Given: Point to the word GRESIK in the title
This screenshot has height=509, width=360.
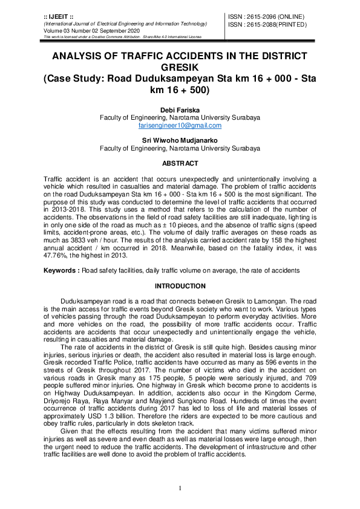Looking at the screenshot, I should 180,67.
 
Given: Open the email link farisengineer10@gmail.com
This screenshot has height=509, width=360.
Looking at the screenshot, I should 180,125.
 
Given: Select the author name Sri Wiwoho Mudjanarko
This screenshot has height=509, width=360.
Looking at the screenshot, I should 180,140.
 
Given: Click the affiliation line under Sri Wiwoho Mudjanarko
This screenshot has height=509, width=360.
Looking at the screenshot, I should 180,148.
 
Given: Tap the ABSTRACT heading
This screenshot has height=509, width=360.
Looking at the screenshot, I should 180,164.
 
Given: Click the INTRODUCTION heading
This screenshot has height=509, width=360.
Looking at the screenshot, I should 180,286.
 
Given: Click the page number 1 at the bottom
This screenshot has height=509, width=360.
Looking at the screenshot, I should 180,488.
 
